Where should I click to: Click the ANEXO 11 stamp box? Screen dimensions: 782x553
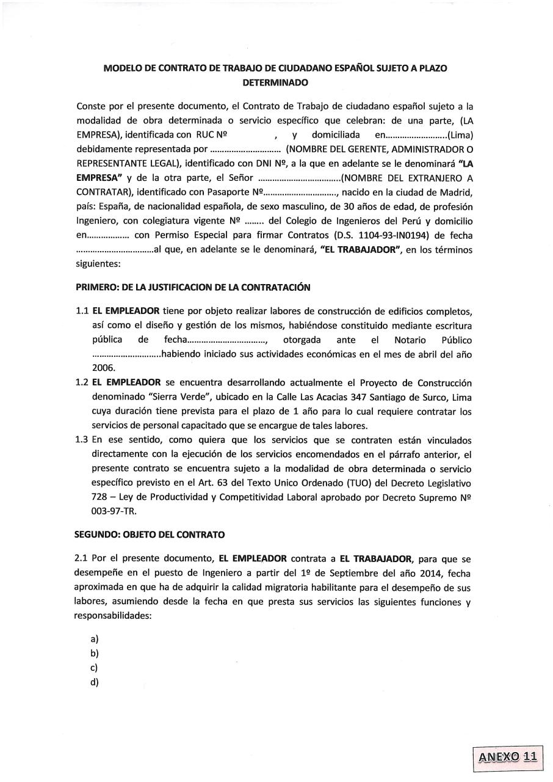[x=507, y=756]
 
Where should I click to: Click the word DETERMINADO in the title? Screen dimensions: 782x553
[x=275, y=82]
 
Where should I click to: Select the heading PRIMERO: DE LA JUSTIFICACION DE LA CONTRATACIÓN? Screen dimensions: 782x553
[x=193, y=287]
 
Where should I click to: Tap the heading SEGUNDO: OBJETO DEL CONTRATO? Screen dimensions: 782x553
[x=150, y=535]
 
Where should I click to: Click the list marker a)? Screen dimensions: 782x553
[x=95, y=639]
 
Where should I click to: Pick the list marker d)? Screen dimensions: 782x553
[x=95, y=682]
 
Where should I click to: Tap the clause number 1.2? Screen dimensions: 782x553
[x=82, y=383]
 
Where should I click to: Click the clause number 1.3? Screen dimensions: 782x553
[x=82, y=440]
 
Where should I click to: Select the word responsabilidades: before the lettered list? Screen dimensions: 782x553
[x=113, y=616]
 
